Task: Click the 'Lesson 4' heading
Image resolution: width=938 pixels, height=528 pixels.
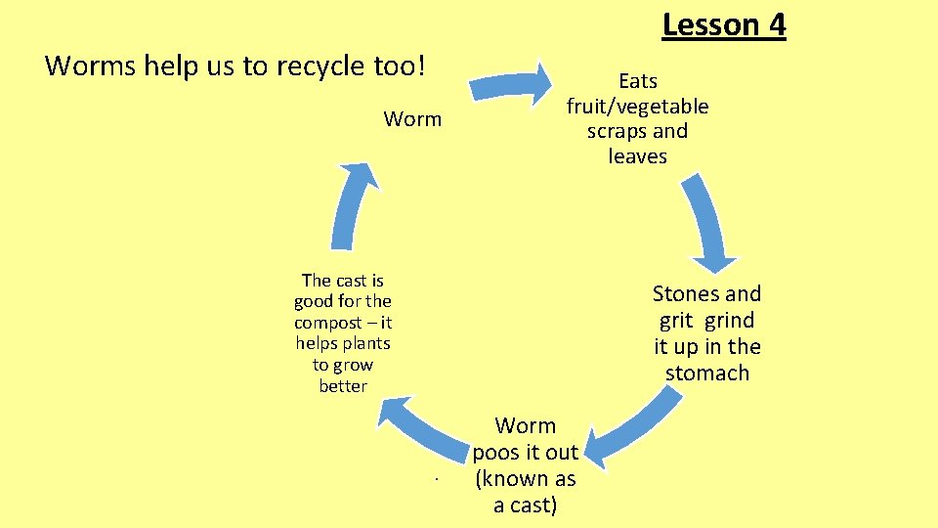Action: (723, 23)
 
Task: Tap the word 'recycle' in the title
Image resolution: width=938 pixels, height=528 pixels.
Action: (321, 66)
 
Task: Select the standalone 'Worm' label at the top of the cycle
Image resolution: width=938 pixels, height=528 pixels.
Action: (412, 119)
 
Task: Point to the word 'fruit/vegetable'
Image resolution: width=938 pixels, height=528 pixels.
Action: (637, 106)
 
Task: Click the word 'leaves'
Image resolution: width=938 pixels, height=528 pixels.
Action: (637, 156)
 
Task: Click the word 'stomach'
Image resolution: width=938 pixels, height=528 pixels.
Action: (706, 373)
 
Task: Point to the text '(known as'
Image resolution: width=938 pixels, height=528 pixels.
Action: (525, 479)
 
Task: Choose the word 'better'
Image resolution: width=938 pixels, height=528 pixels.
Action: (343, 386)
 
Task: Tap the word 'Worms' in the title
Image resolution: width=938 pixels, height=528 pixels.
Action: (85, 66)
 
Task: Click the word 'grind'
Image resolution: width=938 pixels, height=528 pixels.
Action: (729, 320)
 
